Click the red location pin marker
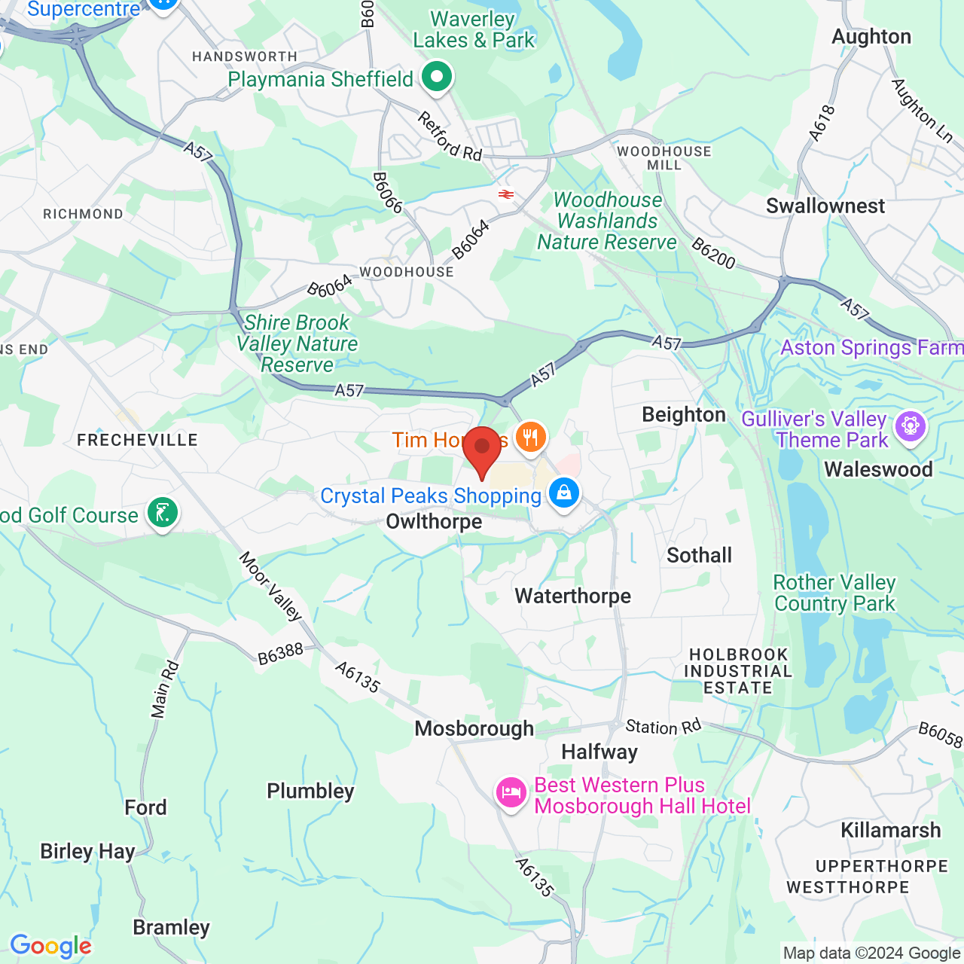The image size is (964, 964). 482,450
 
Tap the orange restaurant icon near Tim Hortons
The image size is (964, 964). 531,437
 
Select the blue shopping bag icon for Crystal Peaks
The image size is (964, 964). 563,493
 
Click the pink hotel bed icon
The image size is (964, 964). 511,792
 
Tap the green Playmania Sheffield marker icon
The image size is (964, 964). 436,76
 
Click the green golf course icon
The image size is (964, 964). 162,513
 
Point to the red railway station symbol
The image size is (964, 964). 506,194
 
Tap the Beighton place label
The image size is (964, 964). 683,415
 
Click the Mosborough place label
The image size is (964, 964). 474,728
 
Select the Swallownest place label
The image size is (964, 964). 825,206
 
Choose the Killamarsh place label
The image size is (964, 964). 890,830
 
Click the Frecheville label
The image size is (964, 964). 137,440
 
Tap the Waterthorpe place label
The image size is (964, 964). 572,596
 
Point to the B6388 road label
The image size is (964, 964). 280,654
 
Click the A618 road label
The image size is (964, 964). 822,124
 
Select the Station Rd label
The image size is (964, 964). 664,727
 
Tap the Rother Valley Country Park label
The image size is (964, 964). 834,593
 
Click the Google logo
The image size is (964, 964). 50,946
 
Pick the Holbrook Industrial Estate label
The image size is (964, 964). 738,671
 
